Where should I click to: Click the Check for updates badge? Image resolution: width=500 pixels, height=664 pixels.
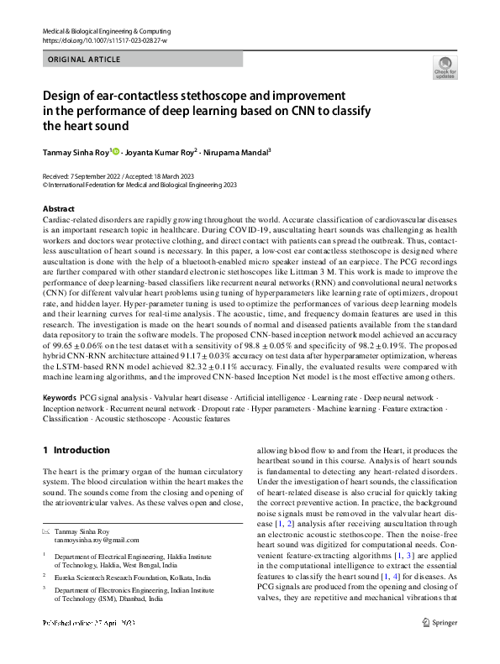tap(445, 67)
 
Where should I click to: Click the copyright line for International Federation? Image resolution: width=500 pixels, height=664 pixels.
tap(139, 185)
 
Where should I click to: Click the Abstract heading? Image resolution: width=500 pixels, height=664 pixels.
tap(58, 209)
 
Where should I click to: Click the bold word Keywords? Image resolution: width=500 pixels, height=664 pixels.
tap(61, 397)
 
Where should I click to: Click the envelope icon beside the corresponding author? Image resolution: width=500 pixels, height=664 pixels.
tap(46, 531)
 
